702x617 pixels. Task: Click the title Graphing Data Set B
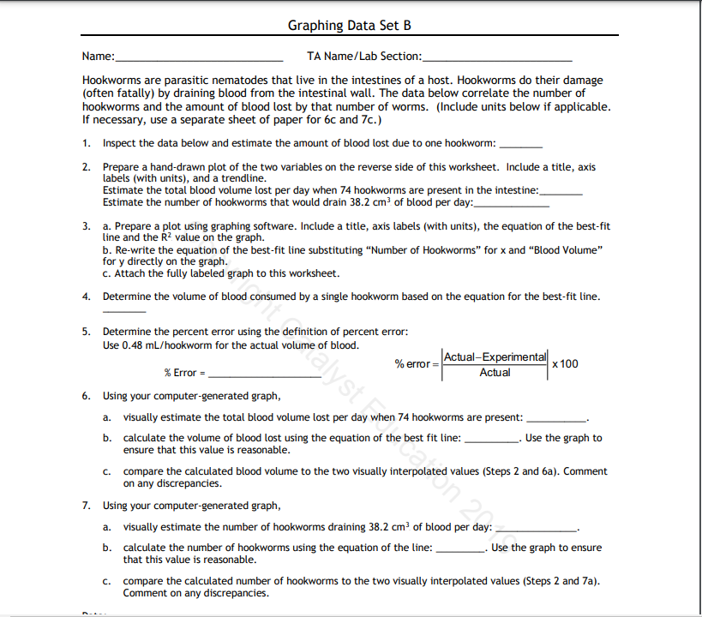tap(350, 25)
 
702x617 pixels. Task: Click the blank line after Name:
tap(199, 57)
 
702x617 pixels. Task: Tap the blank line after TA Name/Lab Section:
tap(497, 57)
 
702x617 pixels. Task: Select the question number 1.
tap(86, 142)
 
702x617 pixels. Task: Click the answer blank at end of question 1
tap(520, 144)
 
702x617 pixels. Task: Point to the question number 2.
tap(86, 167)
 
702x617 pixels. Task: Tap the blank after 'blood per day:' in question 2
tap(511, 204)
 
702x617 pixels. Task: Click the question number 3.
tap(86, 226)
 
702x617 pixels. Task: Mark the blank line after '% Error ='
tap(264, 374)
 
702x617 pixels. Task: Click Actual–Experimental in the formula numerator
tap(495, 356)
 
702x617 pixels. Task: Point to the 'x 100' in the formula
tap(566, 364)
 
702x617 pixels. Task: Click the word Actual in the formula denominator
tap(495, 373)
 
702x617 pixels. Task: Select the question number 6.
tap(86, 396)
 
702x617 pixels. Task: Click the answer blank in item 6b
tap(492, 439)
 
